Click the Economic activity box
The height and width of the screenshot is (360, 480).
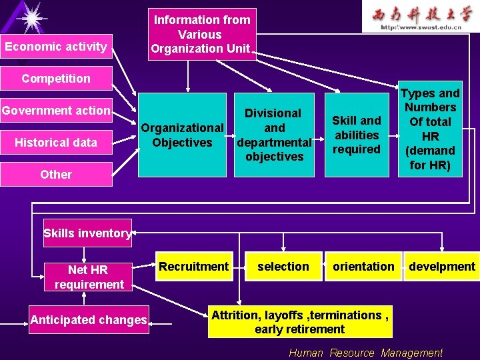(56, 46)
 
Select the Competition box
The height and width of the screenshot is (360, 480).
(56, 79)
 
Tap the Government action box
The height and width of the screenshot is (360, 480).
(56, 111)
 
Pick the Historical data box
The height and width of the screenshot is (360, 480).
(56, 143)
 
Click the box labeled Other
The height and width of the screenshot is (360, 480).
(56, 175)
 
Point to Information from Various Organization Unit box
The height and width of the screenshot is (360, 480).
(202, 34)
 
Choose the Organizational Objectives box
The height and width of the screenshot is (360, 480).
(182, 135)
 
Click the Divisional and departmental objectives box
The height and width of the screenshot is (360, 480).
(274, 135)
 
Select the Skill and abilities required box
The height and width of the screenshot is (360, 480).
(357, 135)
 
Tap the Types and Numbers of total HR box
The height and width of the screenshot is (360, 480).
(430, 129)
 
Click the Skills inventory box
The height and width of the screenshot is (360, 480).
(87, 233)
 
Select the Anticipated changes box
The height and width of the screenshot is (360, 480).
(88, 320)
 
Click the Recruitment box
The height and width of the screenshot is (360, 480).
(193, 267)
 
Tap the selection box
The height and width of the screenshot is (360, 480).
(283, 267)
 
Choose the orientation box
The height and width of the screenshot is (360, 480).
(363, 267)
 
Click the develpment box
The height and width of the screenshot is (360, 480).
(441, 267)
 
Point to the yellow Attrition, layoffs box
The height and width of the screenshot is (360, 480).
(299, 322)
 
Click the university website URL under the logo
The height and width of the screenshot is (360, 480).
(421, 27)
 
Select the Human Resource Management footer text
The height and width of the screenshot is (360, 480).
(365, 353)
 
